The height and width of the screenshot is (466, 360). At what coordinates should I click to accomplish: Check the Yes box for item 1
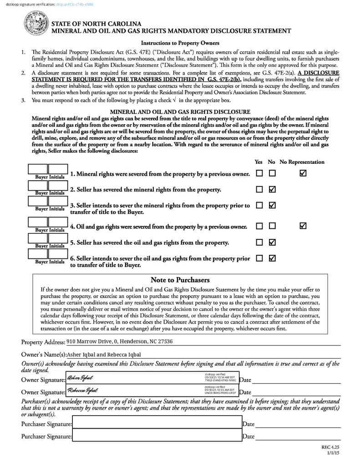click(x=259, y=173)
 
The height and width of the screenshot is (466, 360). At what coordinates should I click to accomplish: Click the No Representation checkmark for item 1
click(x=303, y=173)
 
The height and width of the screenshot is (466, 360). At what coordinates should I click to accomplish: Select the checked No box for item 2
click(x=272, y=189)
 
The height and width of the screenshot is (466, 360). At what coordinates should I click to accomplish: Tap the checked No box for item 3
click(x=272, y=205)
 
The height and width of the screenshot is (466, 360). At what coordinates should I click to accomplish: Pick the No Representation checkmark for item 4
click(x=303, y=226)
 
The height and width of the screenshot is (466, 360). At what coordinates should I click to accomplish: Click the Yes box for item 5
click(x=259, y=242)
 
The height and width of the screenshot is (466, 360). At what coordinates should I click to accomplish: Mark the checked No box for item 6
click(x=272, y=258)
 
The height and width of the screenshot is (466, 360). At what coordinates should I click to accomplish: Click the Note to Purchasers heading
click(x=180, y=280)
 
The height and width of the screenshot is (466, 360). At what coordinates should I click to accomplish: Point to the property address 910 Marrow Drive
click(x=120, y=341)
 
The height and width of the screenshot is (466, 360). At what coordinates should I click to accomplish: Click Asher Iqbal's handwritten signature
click(x=80, y=378)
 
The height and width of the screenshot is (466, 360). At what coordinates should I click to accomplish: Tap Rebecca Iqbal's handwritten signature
click(x=82, y=390)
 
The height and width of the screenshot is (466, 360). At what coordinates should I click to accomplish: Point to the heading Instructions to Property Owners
click(x=180, y=43)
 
